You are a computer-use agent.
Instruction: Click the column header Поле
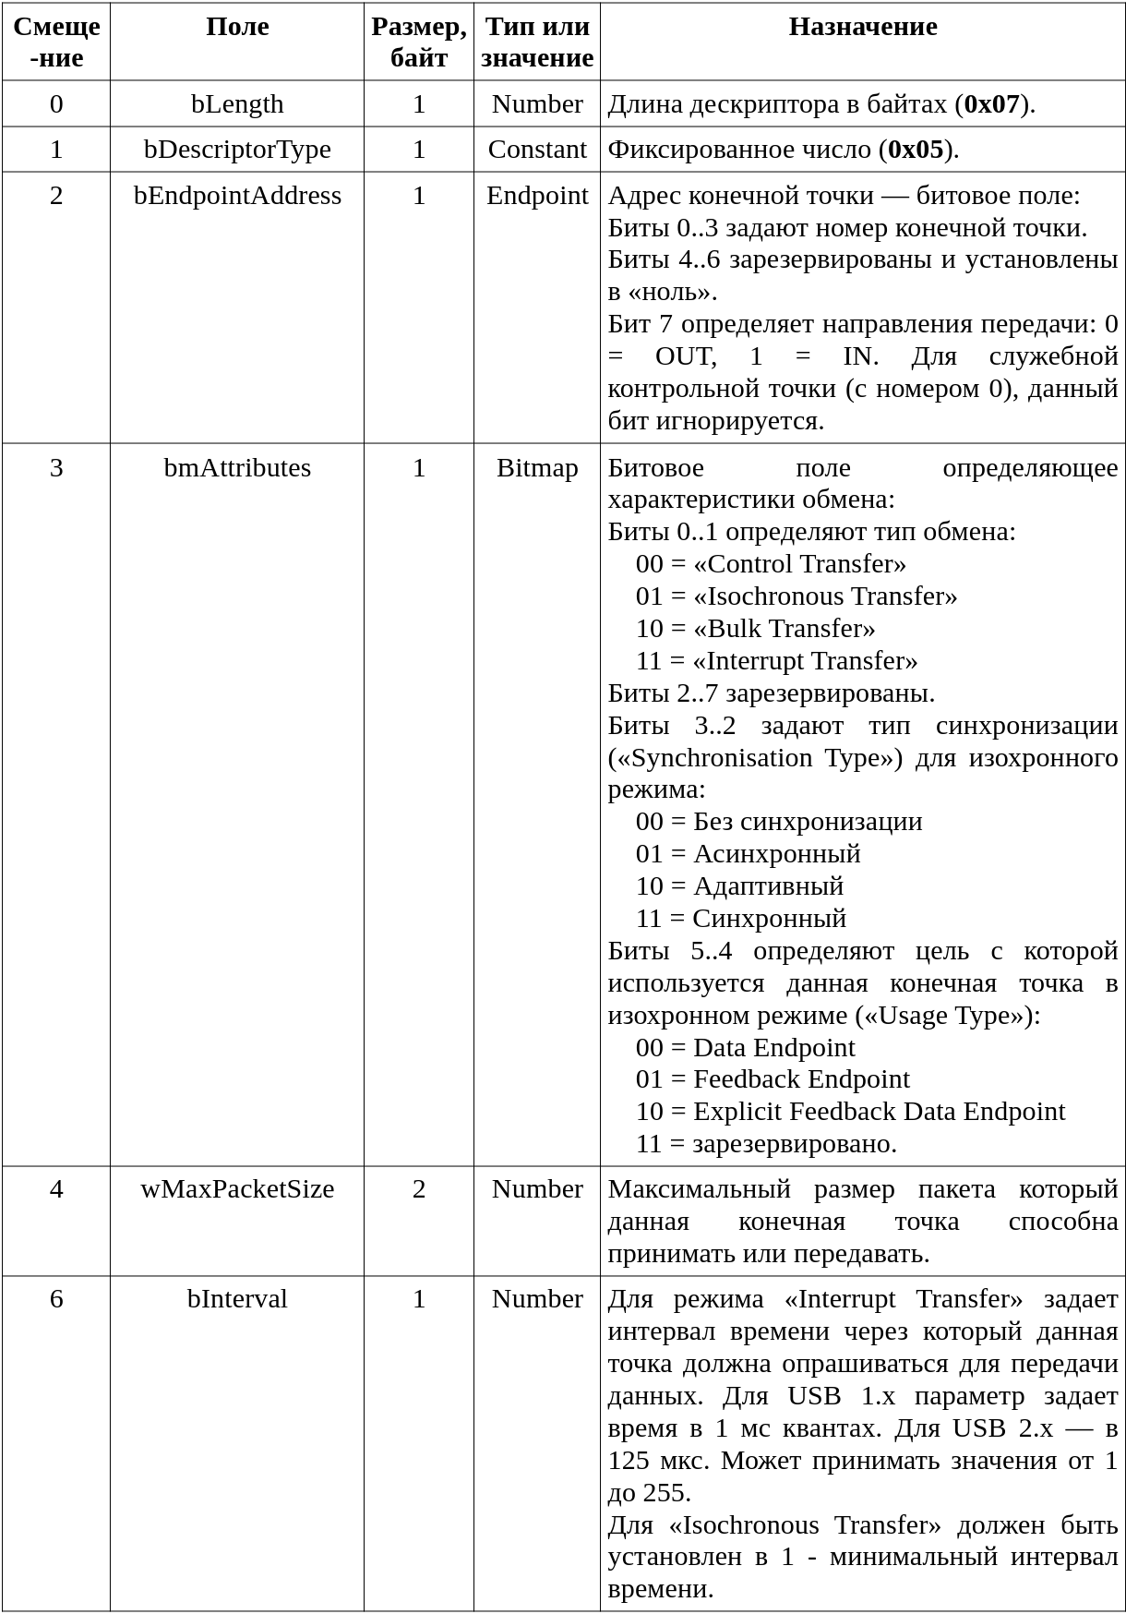point(237,27)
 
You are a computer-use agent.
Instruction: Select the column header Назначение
point(862,27)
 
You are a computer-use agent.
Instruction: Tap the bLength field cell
point(237,104)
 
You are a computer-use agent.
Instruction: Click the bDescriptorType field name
point(237,150)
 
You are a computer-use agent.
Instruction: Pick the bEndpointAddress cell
point(237,196)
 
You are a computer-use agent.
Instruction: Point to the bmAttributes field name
point(237,468)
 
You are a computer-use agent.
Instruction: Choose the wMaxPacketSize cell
point(237,1189)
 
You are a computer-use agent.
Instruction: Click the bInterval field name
point(237,1299)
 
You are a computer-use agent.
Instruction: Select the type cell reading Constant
point(537,150)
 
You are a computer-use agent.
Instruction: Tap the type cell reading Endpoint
point(537,196)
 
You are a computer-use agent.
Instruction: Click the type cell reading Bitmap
point(537,468)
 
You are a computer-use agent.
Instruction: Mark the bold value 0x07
point(991,104)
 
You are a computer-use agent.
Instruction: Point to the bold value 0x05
point(916,150)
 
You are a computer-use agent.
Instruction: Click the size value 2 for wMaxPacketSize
point(419,1189)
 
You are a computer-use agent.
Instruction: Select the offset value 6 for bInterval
point(56,1299)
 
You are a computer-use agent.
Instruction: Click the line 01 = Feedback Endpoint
point(773,1079)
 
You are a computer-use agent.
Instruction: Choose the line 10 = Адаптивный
point(739,886)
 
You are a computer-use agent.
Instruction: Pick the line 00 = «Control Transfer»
point(771,564)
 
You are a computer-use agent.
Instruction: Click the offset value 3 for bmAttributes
point(56,468)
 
